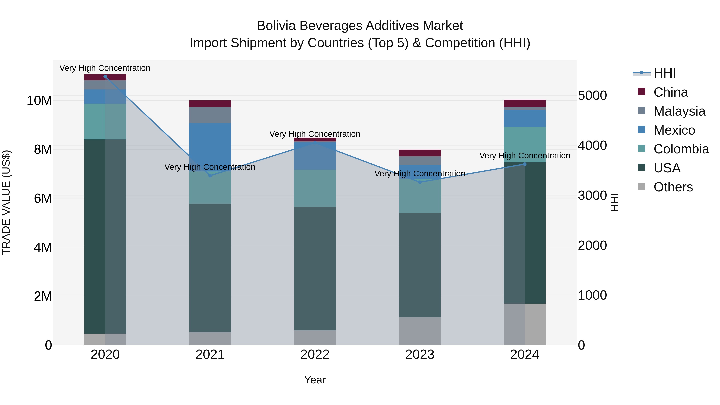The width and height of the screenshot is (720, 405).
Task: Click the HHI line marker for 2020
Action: coord(105,77)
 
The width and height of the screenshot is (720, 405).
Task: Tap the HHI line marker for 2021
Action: coord(210,176)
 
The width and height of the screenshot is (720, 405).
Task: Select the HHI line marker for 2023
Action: coord(420,182)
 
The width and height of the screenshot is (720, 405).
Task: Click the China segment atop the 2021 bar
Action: coord(210,104)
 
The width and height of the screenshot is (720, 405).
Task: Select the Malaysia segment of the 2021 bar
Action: coord(210,115)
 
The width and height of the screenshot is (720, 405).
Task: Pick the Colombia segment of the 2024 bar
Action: coord(525,145)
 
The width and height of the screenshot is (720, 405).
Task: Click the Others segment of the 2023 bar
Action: coord(420,331)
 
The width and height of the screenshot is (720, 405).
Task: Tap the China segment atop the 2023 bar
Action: coord(420,153)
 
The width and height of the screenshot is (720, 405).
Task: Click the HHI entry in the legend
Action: coord(664,73)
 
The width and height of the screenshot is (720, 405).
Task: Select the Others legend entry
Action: coord(673,187)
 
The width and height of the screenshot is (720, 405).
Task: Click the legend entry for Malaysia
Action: coord(679,111)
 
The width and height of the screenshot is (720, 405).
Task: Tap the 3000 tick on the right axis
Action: coord(592,195)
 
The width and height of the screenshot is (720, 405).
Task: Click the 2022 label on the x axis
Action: coord(315,355)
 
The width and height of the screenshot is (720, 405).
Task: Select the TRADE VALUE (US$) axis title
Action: coord(6,202)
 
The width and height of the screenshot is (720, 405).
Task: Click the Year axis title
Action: coord(315,380)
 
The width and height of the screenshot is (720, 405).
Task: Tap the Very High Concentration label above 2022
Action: coord(315,134)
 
